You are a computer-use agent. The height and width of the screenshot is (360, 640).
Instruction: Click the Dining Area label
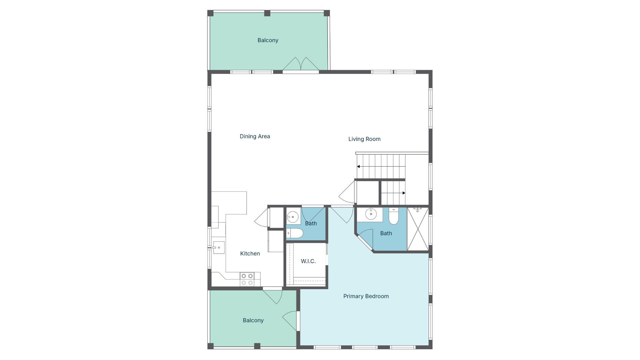255,136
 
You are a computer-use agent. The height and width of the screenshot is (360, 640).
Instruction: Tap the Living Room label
364,139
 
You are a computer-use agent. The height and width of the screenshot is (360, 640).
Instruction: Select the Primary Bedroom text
366,296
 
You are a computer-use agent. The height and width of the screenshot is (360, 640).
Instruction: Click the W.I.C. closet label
308,261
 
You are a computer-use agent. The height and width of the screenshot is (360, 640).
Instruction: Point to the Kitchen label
250,254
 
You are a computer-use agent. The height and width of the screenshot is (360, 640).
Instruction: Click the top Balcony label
268,40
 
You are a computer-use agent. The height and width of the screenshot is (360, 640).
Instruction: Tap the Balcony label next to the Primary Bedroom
253,320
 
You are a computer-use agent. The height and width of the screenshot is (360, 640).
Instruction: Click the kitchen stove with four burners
247,279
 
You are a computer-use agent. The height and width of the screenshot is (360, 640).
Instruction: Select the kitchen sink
218,248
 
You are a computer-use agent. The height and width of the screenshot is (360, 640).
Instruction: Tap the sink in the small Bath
293,217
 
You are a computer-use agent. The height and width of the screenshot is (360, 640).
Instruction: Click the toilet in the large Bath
394,216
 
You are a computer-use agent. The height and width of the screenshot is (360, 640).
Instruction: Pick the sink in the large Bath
371,214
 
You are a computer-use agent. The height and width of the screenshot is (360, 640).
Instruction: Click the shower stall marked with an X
418,229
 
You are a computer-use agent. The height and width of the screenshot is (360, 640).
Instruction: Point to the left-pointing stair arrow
359,166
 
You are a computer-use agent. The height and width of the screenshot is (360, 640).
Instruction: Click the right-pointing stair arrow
403,193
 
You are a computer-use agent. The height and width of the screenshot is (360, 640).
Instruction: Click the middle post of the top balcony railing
267,13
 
